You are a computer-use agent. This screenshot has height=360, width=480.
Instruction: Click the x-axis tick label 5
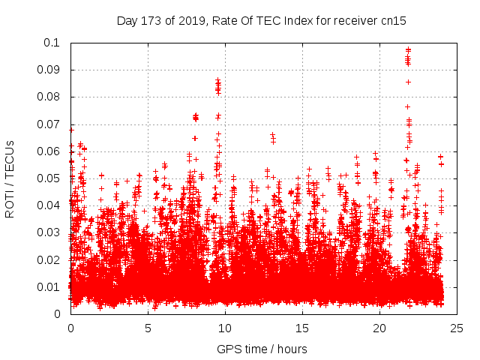point(148,328)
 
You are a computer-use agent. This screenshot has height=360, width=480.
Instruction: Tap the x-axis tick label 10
point(225,328)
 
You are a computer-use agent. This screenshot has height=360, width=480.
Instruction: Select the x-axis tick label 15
point(302,328)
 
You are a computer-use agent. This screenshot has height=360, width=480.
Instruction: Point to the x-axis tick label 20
point(379,328)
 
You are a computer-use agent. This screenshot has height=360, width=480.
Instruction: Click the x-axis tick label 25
point(457,328)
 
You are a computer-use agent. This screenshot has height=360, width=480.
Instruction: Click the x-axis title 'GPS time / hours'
point(262,349)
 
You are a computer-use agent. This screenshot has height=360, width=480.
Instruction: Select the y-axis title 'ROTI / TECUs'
point(10,178)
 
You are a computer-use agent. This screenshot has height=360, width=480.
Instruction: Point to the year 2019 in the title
point(190,20)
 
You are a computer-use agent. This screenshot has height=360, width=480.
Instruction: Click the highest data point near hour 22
point(408,49)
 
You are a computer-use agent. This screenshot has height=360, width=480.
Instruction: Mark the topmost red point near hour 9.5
point(217,79)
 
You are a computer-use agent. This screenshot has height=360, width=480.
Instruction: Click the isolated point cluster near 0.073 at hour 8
point(196,117)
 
